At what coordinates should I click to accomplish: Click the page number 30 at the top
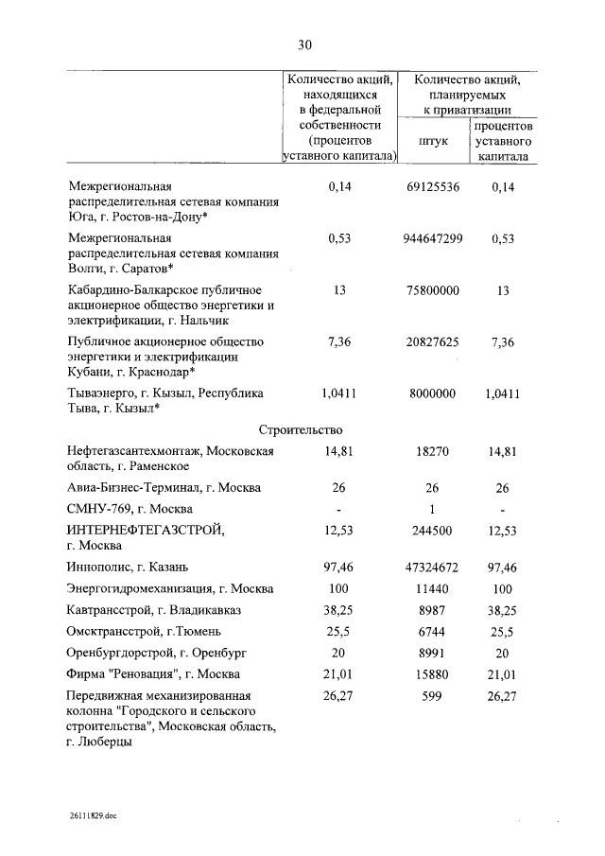tap(303, 44)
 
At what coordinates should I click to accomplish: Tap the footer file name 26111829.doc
tap(94, 813)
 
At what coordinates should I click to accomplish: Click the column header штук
tap(431, 141)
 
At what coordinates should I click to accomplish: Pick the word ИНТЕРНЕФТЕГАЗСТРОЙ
tap(147, 530)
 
